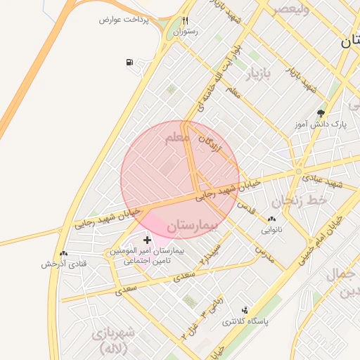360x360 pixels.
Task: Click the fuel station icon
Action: point(129,63)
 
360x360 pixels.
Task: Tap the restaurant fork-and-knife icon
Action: point(186,20)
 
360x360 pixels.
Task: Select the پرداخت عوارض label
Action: point(124,20)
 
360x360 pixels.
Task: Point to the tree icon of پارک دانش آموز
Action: point(321,112)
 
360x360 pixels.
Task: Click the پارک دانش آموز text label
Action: point(321,124)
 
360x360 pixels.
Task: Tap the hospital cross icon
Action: point(147,240)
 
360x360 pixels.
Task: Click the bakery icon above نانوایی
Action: point(272,219)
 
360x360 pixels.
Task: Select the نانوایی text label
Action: point(272,229)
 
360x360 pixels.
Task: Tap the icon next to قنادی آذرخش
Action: point(64,253)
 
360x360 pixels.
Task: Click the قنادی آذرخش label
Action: point(63,264)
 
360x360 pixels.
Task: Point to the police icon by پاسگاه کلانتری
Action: point(245,309)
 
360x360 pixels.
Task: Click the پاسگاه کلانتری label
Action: point(245,321)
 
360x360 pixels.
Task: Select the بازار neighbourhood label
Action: point(257,73)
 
